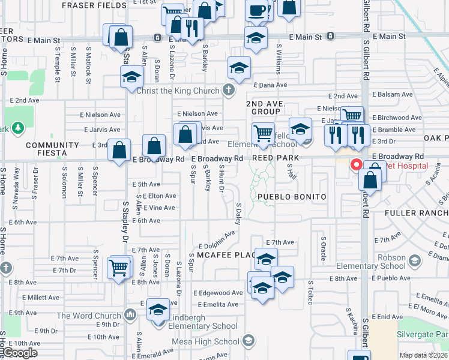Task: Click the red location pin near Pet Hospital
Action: pos(356,164)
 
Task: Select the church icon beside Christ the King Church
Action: pos(228,91)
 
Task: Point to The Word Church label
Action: pos(89,316)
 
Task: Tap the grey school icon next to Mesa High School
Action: pos(247,341)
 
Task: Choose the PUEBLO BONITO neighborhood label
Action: pos(292,197)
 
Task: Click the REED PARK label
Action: pos(275,157)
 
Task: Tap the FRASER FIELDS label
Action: pos(94,5)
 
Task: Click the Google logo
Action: pos(20,353)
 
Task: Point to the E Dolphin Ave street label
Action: pos(217,241)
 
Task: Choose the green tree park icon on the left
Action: pos(18,127)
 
